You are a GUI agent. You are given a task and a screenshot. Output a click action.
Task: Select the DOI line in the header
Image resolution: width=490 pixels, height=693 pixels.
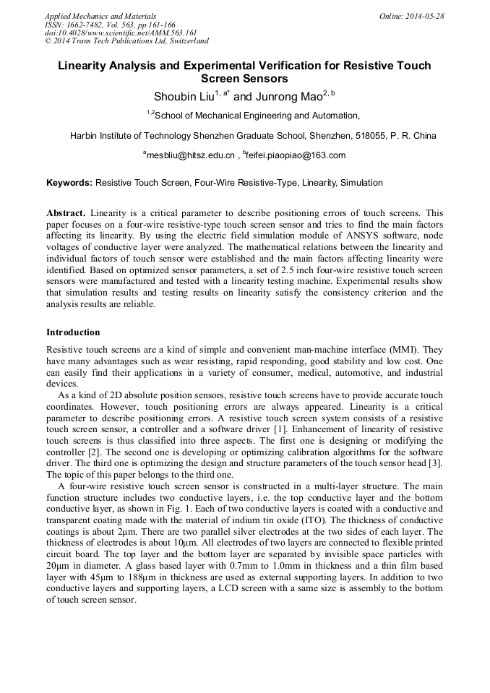(121, 33)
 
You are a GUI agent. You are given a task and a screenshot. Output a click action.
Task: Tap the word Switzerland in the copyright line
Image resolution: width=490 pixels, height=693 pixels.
(182, 42)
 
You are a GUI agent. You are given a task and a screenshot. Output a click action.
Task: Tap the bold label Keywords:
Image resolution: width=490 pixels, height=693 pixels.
(69, 184)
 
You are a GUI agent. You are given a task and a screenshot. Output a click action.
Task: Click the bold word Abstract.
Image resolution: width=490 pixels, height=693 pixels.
(66, 214)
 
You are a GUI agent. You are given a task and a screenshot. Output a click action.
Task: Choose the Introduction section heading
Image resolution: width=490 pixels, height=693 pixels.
(73, 332)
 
